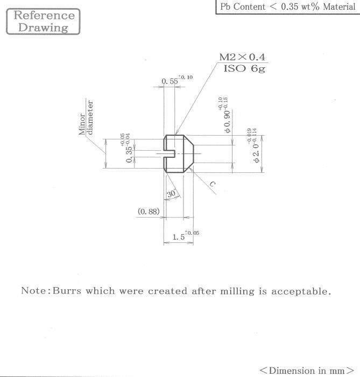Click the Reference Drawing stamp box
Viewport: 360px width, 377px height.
(x=43, y=22)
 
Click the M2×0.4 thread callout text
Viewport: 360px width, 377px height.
(x=242, y=57)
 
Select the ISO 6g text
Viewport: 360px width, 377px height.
(x=244, y=68)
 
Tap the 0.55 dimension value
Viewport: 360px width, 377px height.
(x=170, y=81)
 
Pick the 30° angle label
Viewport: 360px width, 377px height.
(x=172, y=193)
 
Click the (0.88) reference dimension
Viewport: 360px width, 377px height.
(x=149, y=212)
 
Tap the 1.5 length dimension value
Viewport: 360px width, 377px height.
(x=179, y=237)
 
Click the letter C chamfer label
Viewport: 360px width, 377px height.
(x=213, y=184)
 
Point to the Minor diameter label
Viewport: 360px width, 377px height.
(x=86, y=117)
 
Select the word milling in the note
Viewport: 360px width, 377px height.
(x=237, y=291)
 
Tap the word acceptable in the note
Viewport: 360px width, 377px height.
(x=301, y=291)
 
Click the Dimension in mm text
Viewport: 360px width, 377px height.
(x=307, y=371)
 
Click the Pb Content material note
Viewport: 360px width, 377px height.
(x=288, y=6)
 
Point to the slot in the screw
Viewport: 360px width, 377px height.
(x=169, y=153)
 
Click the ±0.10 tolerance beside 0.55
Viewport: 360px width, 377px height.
(x=186, y=77)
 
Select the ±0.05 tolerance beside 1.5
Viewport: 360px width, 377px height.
(x=192, y=233)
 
